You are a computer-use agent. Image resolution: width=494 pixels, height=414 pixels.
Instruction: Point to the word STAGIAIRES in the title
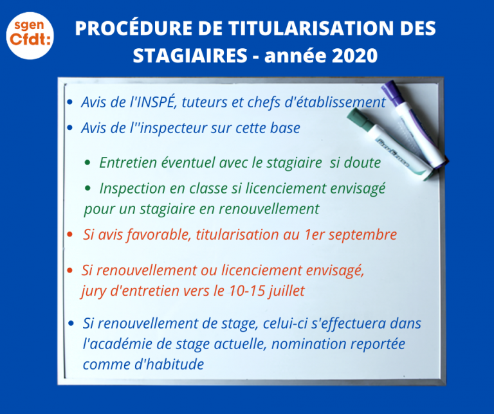point(188,57)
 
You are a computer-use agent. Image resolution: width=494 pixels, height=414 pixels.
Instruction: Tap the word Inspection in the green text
point(131,188)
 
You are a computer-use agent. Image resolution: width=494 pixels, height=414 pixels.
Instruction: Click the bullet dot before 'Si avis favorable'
point(69,235)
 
